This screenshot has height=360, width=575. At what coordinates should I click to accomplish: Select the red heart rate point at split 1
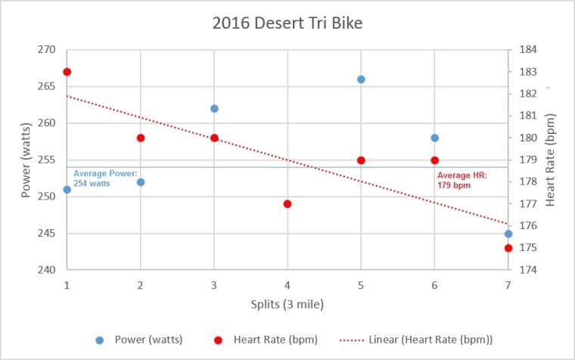click(x=67, y=72)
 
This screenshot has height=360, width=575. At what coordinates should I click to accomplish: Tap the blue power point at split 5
click(x=361, y=79)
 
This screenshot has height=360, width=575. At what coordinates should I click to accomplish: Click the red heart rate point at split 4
click(x=287, y=204)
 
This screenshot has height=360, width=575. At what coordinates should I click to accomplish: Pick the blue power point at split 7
click(x=508, y=234)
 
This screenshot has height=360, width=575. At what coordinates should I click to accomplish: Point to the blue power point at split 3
click(x=214, y=109)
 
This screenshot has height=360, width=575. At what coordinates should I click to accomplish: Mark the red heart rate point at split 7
click(x=508, y=248)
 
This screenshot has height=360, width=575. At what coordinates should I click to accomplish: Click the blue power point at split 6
click(x=434, y=138)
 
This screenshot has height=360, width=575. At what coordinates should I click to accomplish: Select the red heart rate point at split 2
click(x=141, y=138)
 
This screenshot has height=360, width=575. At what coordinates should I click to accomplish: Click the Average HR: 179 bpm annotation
click(x=462, y=179)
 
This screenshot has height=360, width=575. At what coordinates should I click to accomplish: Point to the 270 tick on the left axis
click(x=47, y=50)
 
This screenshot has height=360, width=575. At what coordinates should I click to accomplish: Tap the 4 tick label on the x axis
click(x=287, y=285)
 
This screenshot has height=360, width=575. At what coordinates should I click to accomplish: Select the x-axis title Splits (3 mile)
click(x=287, y=305)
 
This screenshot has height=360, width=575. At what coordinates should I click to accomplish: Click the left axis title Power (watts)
click(x=26, y=160)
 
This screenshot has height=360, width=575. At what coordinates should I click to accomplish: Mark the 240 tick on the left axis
click(x=47, y=270)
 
